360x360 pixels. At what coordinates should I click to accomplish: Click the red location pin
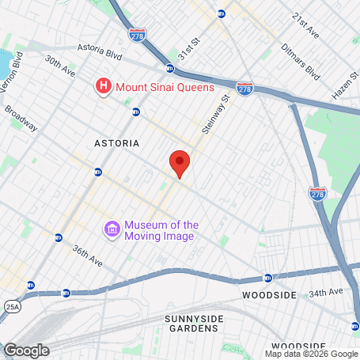(x=180, y=162)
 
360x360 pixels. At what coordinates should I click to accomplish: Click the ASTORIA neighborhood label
(x=116, y=143)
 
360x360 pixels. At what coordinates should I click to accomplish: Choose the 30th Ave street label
(x=59, y=66)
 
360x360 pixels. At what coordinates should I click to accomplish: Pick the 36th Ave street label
(x=87, y=254)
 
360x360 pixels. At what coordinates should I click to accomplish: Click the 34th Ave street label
(x=327, y=294)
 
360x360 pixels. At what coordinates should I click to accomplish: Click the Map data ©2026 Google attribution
(x=311, y=354)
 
